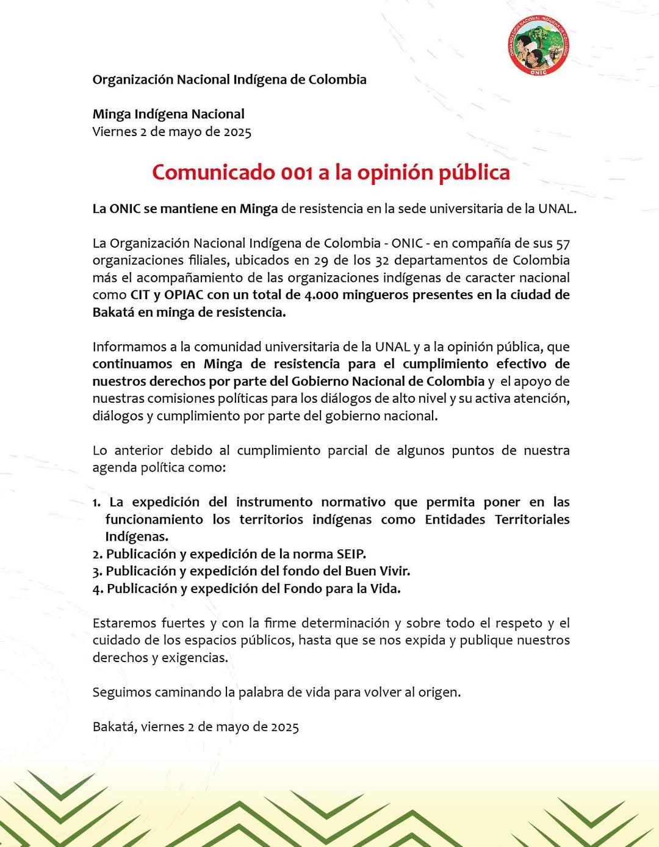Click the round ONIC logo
[538, 46]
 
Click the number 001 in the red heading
[297, 173]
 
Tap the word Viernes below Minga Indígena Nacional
[114, 132]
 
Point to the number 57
[563, 243]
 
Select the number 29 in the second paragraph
[321, 261]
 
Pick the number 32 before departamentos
[382, 261]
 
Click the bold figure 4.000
[321, 295]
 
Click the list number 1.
[96, 503]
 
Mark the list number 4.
[98, 589]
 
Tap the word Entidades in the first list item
[455, 520]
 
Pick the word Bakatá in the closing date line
[115, 727]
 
